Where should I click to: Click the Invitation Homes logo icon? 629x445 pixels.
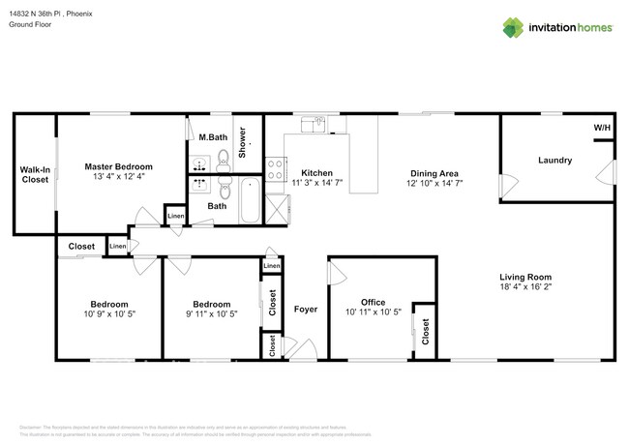coord(513,26)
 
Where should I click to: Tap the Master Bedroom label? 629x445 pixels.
coord(118,166)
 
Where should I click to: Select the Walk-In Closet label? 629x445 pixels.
coord(35,174)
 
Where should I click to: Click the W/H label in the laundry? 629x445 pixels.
coord(601,128)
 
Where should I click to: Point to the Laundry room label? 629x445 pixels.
coord(555,161)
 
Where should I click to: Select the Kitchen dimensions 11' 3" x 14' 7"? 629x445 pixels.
coord(317,182)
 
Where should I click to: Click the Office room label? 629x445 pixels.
coord(374,302)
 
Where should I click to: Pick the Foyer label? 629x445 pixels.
coord(306,310)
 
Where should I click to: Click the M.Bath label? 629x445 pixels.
coord(212,136)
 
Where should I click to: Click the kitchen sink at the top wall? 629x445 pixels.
coord(314,123)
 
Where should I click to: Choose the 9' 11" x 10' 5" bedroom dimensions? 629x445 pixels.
coord(211,313)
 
